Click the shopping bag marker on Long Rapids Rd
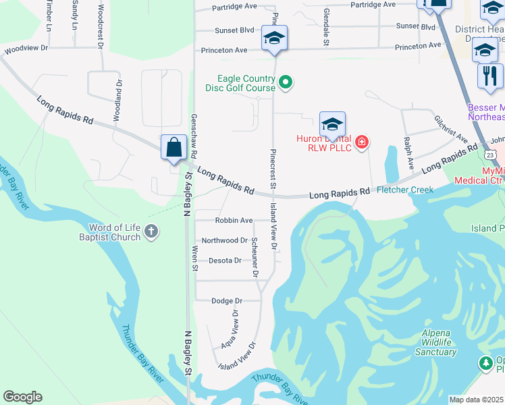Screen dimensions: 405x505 pos(174,146)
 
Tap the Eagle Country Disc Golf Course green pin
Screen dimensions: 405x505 pos(286,83)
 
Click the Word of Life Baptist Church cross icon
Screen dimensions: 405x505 pos(151,232)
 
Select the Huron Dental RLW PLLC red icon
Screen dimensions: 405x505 pos(362,142)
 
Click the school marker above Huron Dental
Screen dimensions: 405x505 pos(332,124)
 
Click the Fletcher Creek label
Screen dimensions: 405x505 pos(405,190)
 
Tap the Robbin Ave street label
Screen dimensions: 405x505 pos(234,221)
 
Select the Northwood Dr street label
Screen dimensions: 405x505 pos(225,240)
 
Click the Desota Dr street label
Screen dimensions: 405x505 pos(225,261)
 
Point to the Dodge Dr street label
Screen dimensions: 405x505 pos(227,301)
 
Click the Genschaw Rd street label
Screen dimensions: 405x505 pos(194,136)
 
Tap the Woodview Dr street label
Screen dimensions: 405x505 pos(26,49)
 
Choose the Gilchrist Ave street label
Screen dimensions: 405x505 pos(452,128)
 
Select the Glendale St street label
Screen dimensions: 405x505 pos(325,27)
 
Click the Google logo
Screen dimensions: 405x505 pos(22,397)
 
